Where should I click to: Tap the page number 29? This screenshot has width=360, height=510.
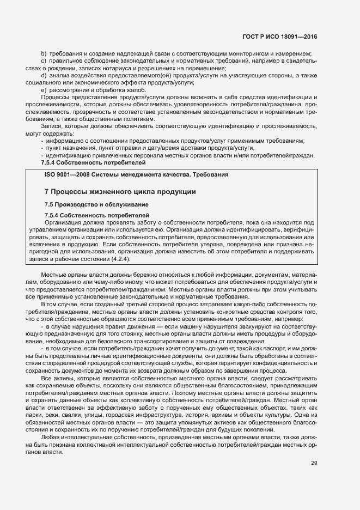[x=314, y=463]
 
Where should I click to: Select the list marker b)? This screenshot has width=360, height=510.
[x=44, y=53]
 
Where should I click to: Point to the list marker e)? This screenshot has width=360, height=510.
[x=44, y=89]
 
